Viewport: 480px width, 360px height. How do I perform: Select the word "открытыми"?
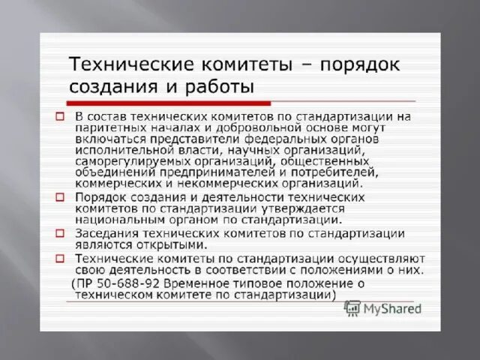tap(173, 244)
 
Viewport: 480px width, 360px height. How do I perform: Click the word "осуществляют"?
tap(383, 257)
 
